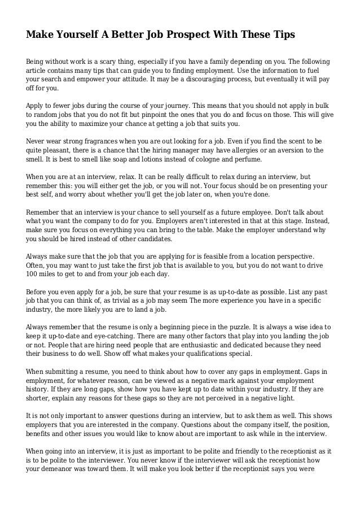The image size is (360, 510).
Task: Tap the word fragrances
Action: click(90, 142)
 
